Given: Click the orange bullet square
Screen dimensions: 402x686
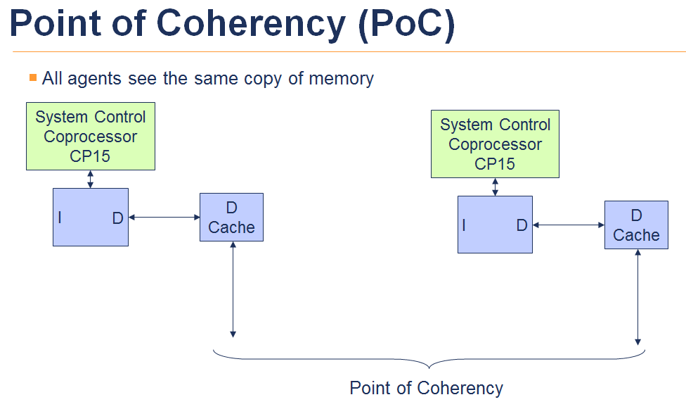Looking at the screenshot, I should (32, 77).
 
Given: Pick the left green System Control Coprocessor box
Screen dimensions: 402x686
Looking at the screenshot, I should (91, 136).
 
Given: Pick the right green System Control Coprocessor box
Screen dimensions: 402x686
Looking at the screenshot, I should (496, 144).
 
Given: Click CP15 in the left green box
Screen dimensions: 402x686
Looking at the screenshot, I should (90, 156).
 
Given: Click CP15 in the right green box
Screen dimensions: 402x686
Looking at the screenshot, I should (495, 164).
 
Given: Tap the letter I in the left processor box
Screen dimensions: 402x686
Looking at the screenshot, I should (60, 218).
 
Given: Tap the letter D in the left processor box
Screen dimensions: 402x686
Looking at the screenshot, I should (117, 218).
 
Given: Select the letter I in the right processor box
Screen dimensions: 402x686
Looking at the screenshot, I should (464, 225).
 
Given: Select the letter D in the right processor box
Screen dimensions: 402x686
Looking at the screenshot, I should (522, 225).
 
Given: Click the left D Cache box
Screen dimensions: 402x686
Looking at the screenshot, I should (231, 217).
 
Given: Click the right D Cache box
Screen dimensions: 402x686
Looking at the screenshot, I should (636, 225).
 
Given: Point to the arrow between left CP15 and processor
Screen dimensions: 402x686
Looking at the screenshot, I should (90, 179).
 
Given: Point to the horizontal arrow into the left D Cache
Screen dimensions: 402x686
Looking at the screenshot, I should (164, 218).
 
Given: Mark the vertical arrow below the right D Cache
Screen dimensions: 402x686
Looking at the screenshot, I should (638, 296).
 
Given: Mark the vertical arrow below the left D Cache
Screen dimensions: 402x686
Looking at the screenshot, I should (233, 289).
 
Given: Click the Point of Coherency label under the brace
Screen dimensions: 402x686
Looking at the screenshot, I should (426, 388).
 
